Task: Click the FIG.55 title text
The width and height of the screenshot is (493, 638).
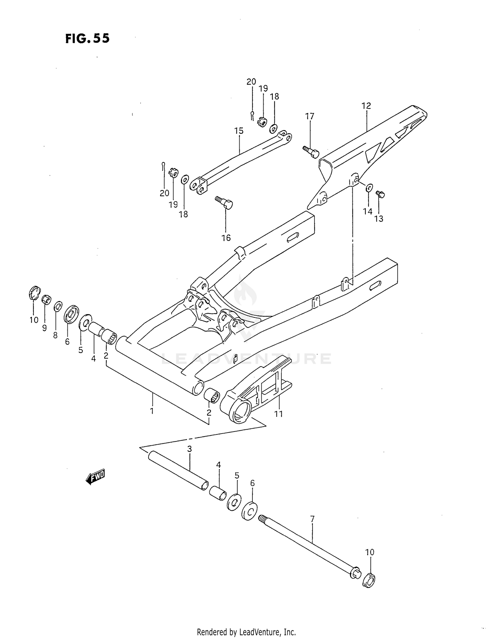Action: pos(87,38)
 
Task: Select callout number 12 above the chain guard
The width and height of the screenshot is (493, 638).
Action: pos(366,106)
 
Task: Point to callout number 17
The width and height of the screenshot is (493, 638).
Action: pos(309,116)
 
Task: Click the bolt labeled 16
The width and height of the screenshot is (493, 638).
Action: pos(224,203)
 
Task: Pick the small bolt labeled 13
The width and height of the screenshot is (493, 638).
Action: pos(381,194)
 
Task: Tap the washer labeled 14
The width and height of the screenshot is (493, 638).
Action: pos(369,188)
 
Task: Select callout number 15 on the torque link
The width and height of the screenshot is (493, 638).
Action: pos(239,131)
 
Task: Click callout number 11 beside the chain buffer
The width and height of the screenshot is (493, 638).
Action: pos(279,414)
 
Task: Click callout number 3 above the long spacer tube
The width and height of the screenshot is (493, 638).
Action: pos(189,449)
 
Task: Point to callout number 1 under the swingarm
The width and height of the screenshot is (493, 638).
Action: pos(152,411)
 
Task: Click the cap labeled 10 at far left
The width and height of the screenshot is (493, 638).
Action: pos(34,293)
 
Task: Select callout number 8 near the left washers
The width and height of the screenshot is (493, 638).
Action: pos(55,335)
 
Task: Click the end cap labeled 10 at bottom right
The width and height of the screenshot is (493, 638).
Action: pos(369,580)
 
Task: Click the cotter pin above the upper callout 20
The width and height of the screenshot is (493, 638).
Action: pos(252,115)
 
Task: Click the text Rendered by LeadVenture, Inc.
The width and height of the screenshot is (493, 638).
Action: pos(246,631)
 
